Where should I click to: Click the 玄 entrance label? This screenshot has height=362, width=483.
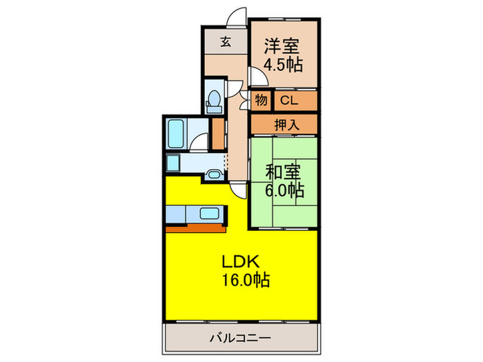click(x=225, y=41)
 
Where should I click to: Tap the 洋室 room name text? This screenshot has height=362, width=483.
click(x=283, y=48)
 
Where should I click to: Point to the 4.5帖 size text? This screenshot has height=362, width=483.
click(x=283, y=66)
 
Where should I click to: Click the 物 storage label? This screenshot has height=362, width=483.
click(x=261, y=101)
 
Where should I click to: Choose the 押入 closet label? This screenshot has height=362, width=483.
click(x=283, y=125)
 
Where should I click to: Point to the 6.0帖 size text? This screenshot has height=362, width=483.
click(x=283, y=188)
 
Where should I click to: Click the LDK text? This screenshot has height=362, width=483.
click(x=239, y=261)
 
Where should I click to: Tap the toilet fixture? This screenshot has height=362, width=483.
click(x=213, y=99)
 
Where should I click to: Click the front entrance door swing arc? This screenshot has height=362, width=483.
click(x=238, y=15)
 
